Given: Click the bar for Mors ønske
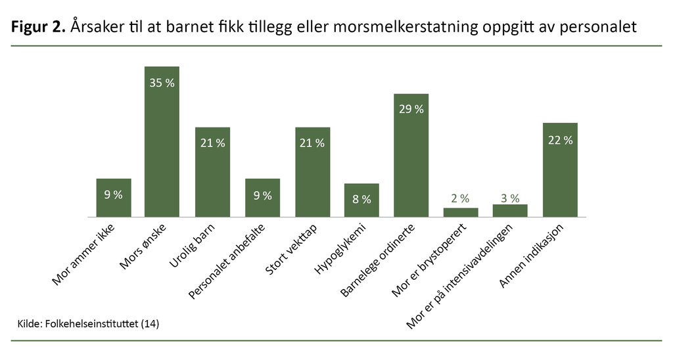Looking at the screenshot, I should (x=162, y=141).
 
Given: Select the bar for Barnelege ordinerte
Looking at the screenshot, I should (x=411, y=155).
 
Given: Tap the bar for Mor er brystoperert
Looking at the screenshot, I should (x=461, y=212).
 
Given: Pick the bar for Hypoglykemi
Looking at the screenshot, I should (x=361, y=200).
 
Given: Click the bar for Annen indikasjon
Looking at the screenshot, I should (x=560, y=169).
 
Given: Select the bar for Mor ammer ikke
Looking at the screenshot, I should (x=114, y=197).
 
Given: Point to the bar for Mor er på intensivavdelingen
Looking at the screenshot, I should (x=510, y=210).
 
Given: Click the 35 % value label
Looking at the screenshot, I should (x=162, y=83).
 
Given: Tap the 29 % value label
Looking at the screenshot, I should (x=411, y=109).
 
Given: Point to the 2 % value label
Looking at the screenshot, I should (x=461, y=198).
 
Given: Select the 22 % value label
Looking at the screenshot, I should (x=560, y=140).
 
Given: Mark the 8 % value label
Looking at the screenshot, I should (x=361, y=199).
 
